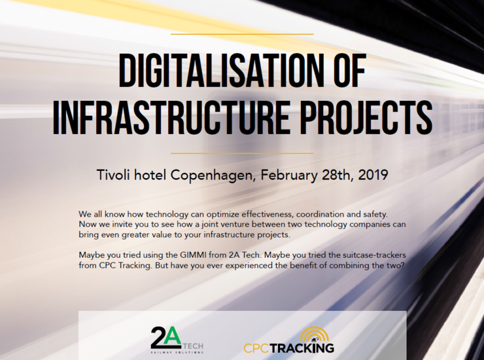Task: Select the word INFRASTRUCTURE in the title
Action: (171, 117)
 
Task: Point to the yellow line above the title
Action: (242, 34)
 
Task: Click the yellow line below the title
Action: (242, 153)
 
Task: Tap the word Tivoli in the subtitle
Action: (114, 175)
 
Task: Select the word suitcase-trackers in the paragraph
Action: (374, 255)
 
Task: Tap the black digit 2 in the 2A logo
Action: (158, 338)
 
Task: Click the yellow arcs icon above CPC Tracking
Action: (314, 334)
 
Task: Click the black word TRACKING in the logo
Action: (302, 348)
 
